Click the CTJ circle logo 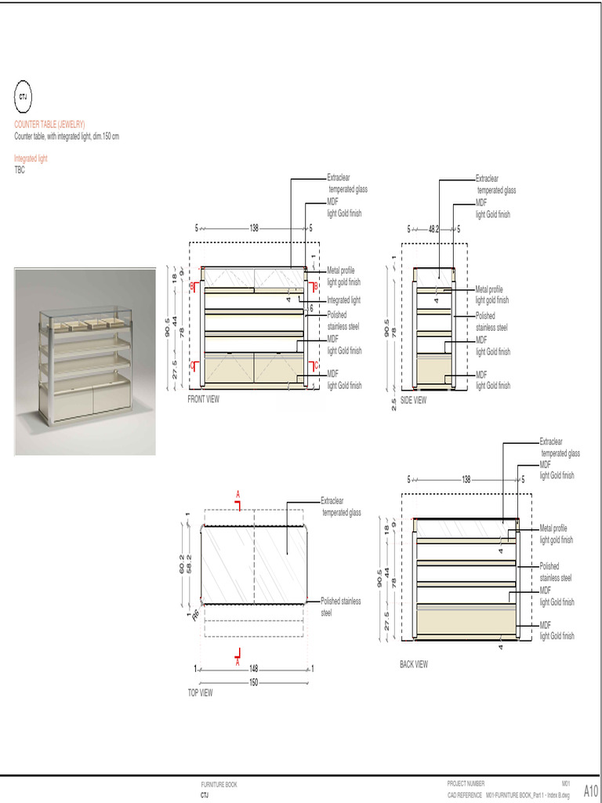(x=23, y=96)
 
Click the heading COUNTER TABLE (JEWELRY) (x=49, y=125)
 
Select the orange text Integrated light (x=31, y=158)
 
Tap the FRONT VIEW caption (x=204, y=399)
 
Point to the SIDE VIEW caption (x=414, y=400)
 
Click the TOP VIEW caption (x=200, y=693)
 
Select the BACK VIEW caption (x=414, y=664)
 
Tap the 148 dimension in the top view (x=254, y=670)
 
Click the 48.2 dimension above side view (x=433, y=229)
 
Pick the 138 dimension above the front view (x=254, y=229)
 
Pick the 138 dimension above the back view (x=466, y=479)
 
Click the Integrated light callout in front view (x=343, y=300)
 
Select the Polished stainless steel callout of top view (x=341, y=607)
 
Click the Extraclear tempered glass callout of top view (x=341, y=507)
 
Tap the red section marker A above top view (x=238, y=493)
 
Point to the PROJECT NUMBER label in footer (x=466, y=783)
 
